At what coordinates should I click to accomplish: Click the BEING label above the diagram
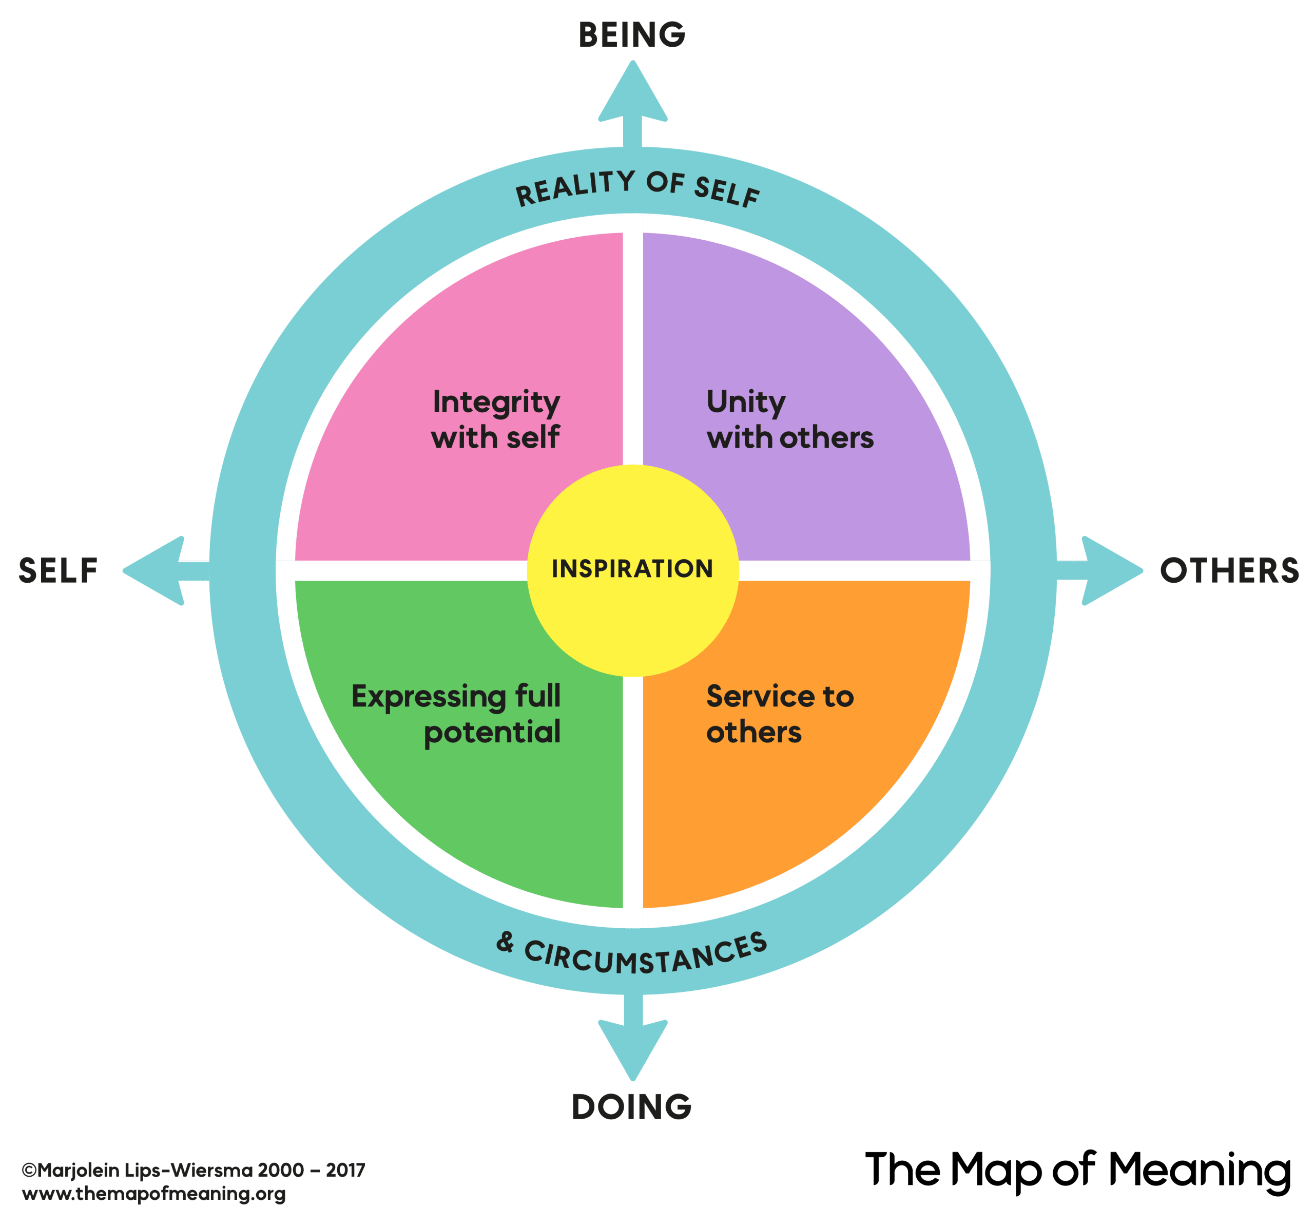click(x=632, y=35)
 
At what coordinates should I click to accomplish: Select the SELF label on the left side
click(x=58, y=571)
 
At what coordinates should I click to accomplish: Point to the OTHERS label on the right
click(x=1229, y=571)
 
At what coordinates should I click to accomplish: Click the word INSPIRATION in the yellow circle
click(x=632, y=569)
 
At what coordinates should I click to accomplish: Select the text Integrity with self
click(x=495, y=419)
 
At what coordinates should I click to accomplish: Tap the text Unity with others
click(x=789, y=419)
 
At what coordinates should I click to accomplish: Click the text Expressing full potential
click(x=456, y=714)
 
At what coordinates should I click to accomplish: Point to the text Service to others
click(x=780, y=714)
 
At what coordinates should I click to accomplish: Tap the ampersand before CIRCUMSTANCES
click(x=505, y=942)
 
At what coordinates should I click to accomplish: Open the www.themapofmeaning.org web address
click(x=154, y=1194)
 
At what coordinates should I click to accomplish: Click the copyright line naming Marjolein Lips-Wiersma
click(x=193, y=1171)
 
